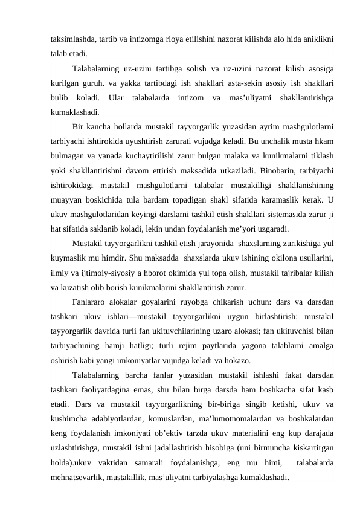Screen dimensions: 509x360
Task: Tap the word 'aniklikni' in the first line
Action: tap(318, 39)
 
